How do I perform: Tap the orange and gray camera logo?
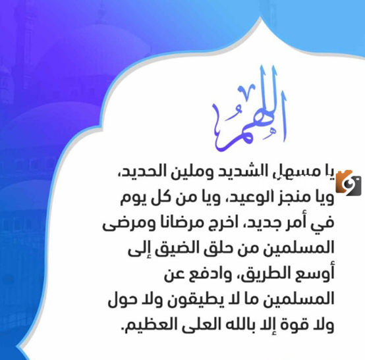tap(349, 183)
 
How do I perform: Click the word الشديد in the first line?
tap(236, 171)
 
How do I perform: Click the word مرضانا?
tap(175, 224)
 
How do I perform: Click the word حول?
tap(119, 299)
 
